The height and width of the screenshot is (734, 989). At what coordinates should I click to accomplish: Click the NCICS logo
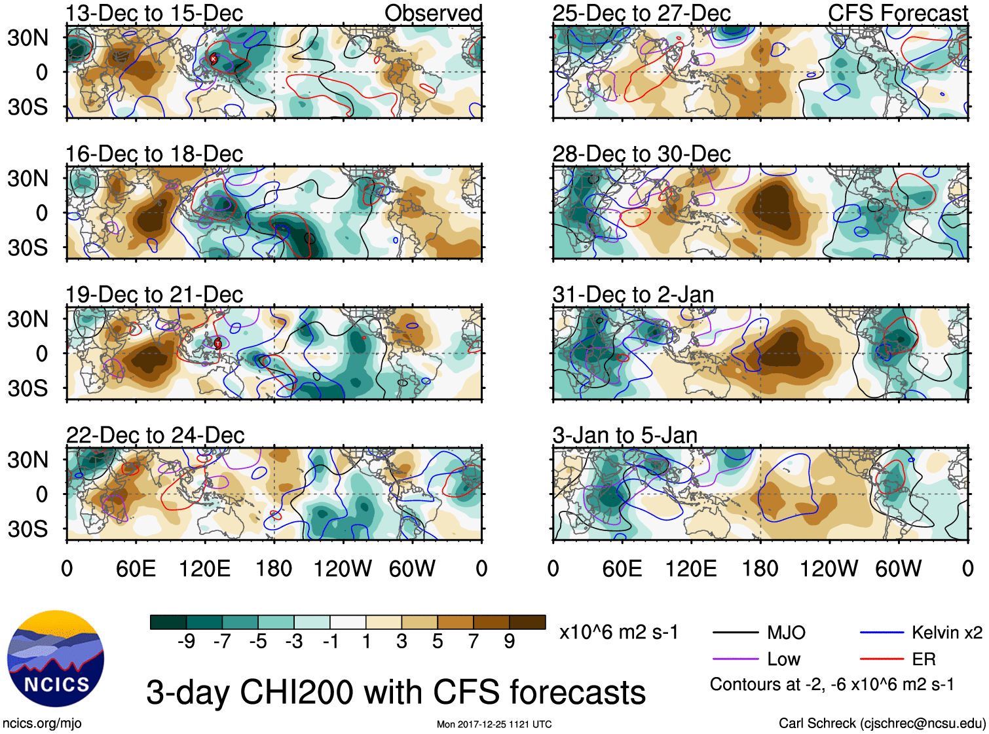56,658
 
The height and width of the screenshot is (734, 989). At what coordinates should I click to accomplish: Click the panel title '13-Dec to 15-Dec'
154,13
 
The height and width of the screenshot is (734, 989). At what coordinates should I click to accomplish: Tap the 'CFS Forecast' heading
897,13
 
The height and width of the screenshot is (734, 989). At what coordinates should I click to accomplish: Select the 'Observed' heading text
433,13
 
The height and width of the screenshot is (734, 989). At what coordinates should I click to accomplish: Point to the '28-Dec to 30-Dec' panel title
641,154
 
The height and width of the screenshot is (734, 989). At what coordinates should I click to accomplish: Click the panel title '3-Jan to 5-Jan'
624,435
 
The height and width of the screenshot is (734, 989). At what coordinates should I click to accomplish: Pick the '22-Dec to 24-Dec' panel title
155,435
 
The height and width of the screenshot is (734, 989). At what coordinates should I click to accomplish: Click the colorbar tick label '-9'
187,642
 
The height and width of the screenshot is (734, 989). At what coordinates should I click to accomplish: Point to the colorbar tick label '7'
474,642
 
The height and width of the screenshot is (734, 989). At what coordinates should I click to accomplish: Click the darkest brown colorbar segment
527,622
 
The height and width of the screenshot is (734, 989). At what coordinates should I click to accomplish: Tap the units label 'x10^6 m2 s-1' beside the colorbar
619,633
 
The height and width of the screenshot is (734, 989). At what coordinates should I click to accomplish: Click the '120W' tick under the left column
343,568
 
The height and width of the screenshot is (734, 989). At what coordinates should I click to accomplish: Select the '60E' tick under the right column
622,568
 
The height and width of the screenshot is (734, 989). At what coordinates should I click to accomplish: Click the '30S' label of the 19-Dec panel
28,388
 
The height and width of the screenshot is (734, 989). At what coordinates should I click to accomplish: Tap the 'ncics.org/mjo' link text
42,724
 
